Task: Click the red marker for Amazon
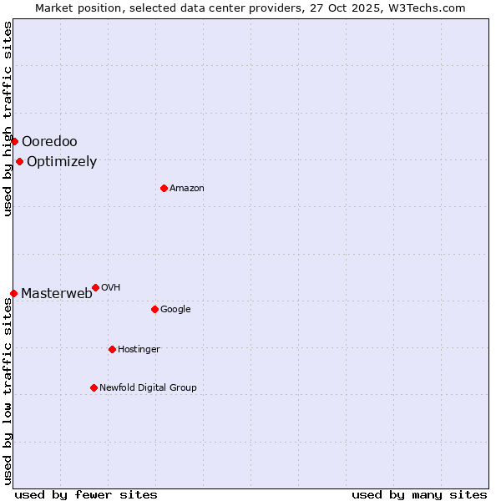point(164,188)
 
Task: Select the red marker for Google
point(154,309)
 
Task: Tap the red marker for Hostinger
point(112,349)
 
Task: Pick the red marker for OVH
point(95,287)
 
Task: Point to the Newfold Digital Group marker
point(94,387)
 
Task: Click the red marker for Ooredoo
point(14,141)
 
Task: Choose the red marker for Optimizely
point(19,161)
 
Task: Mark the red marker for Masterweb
point(13,293)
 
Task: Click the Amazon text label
point(187,189)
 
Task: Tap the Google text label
point(175,310)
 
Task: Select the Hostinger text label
point(139,350)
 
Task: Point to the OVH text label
point(111,288)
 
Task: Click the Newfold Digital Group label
point(149,387)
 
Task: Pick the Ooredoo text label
point(49,142)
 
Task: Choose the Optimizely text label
point(62,162)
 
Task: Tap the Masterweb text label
point(57,293)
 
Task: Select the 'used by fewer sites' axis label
point(86,494)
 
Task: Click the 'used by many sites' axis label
point(419,494)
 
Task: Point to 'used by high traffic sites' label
point(8,119)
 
